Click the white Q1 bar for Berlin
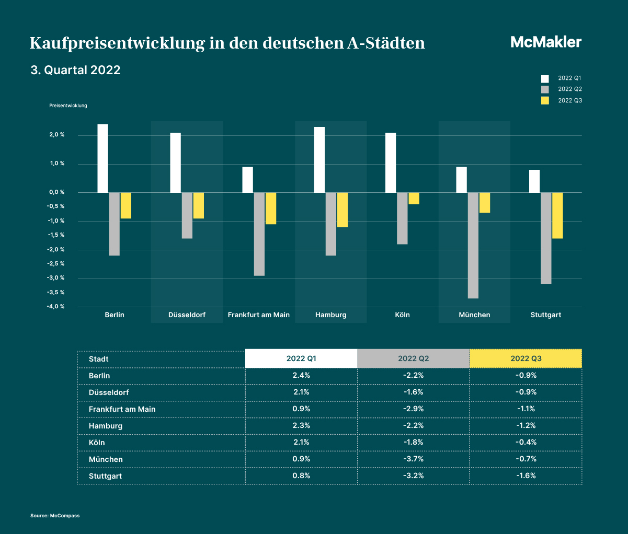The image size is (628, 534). [102, 158]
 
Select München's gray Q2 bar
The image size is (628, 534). [473, 246]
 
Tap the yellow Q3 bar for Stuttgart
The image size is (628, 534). [557, 216]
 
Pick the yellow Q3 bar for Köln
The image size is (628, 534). [414, 198]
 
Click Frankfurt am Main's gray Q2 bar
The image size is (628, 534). [259, 234]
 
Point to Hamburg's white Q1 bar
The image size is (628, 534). [319, 160]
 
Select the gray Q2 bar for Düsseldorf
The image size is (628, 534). [187, 216]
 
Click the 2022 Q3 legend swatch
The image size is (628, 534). [545, 100]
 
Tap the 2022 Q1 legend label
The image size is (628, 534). [569, 78]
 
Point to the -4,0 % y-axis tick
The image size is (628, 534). [55, 306]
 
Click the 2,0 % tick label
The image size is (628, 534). [57, 134]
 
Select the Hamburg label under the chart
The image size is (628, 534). [331, 315]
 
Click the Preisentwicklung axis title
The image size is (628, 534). [68, 106]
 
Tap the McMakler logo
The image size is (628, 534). [546, 42]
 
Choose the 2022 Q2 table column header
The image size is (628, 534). [414, 358]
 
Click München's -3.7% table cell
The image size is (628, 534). [414, 459]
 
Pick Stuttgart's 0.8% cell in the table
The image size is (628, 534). [301, 475]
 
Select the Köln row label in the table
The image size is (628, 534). [97, 443]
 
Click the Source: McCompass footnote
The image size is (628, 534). [55, 516]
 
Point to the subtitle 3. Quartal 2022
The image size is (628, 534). [75, 70]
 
